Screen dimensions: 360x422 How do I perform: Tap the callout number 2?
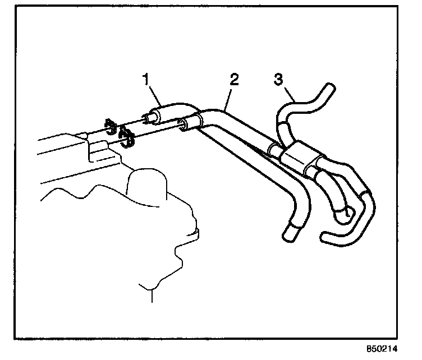click(234, 79)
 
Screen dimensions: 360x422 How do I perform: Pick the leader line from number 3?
click(290, 94)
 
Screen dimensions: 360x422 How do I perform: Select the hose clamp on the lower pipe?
click(127, 137)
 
